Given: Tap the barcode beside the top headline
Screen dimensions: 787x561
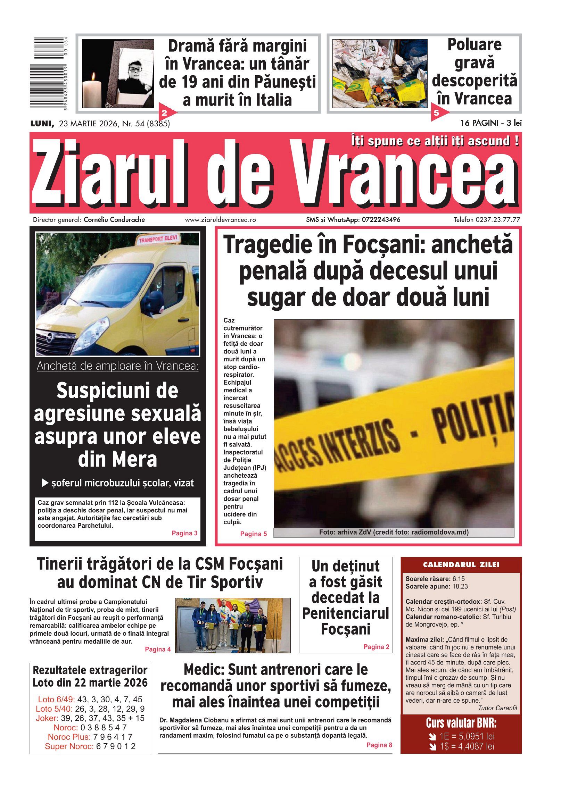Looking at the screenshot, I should coord(49,73).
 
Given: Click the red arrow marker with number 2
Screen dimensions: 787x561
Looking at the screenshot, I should coord(166,112).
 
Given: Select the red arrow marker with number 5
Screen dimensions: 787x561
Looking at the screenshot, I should coord(438,112).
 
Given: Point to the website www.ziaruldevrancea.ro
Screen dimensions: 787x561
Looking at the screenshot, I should coord(220,220).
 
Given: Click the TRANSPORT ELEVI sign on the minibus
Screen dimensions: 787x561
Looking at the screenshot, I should coord(158,239).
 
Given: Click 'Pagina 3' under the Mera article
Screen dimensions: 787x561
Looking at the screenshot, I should coord(184,533).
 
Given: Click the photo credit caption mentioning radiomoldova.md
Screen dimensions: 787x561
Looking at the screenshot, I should coord(394,532).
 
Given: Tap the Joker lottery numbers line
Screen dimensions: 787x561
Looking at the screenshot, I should coord(90,718).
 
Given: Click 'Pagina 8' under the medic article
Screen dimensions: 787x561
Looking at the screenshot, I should coord(379,745).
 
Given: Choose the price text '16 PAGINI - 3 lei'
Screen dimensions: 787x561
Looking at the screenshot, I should coord(491,123).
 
